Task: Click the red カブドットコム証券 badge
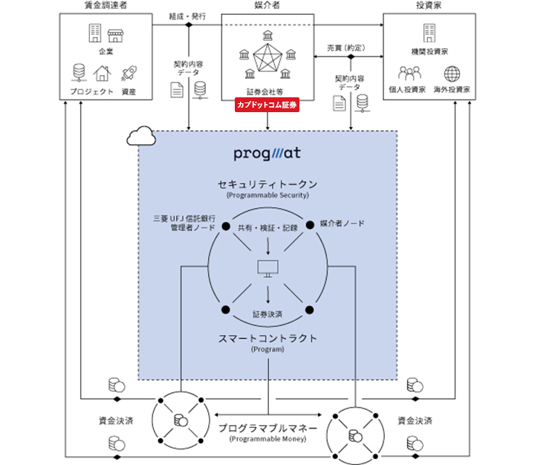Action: [267, 106]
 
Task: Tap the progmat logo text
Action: [267, 154]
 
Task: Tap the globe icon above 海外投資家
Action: [453, 74]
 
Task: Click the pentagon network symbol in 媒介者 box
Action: [267, 62]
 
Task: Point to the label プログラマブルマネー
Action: [267, 429]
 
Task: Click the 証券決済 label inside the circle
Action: [267, 314]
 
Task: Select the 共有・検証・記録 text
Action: [267, 228]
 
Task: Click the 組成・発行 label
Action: [187, 15]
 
